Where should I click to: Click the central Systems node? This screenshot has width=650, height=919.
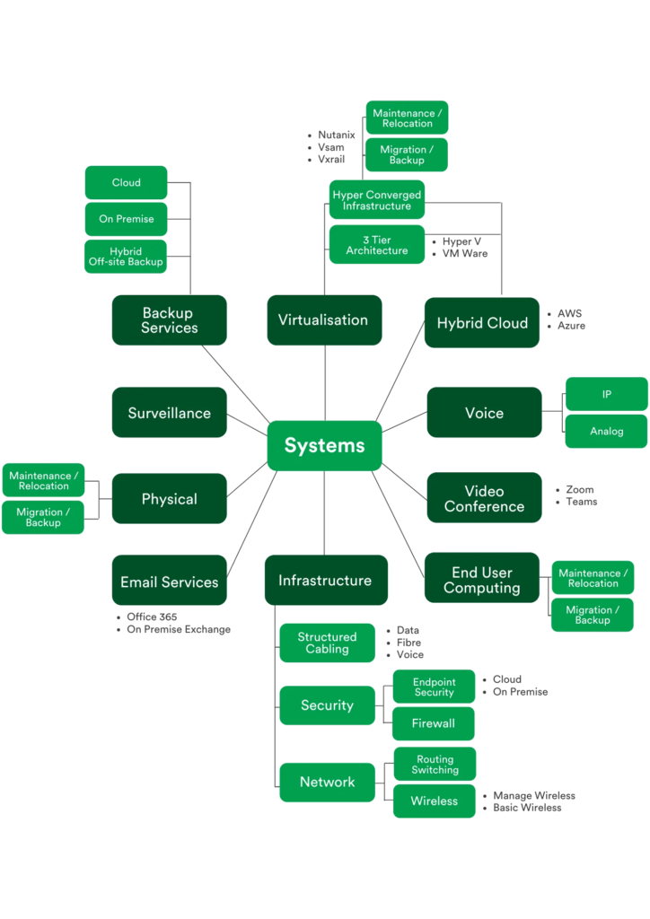[x=324, y=445]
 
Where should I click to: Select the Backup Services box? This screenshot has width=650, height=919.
[x=169, y=320]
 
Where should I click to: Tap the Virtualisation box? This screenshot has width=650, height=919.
[x=323, y=320]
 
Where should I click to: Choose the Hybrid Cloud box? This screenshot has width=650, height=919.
[x=482, y=323]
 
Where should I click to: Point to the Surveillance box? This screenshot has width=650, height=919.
[x=169, y=413]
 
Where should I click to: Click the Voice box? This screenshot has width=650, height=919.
[x=484, y=413]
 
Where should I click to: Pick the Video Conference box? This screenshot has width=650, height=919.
[x=484, y=498]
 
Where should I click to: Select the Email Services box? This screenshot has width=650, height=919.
[x=169, y=582]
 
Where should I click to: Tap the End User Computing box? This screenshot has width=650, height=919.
[x=482, y=580]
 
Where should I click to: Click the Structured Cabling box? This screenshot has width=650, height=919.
[x=327, y=643]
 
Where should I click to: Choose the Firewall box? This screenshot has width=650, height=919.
[x=434, y=723]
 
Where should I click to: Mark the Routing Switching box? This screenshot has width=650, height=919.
[x=435, y=765]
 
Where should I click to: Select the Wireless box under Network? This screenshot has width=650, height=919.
[x=434, y=801]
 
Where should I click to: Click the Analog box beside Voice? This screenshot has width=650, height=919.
[x=606, y=432]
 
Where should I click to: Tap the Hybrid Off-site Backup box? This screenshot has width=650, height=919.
[x=126, y=257]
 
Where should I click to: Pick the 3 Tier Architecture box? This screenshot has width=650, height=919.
[x=376, y=245]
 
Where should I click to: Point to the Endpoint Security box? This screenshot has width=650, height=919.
[x=434, y=687]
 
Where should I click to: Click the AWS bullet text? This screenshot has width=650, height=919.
[x=569, y=314]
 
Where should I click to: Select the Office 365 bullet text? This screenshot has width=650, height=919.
[x=152, y=617]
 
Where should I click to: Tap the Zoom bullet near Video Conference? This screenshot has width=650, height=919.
[x=580, y=490]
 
